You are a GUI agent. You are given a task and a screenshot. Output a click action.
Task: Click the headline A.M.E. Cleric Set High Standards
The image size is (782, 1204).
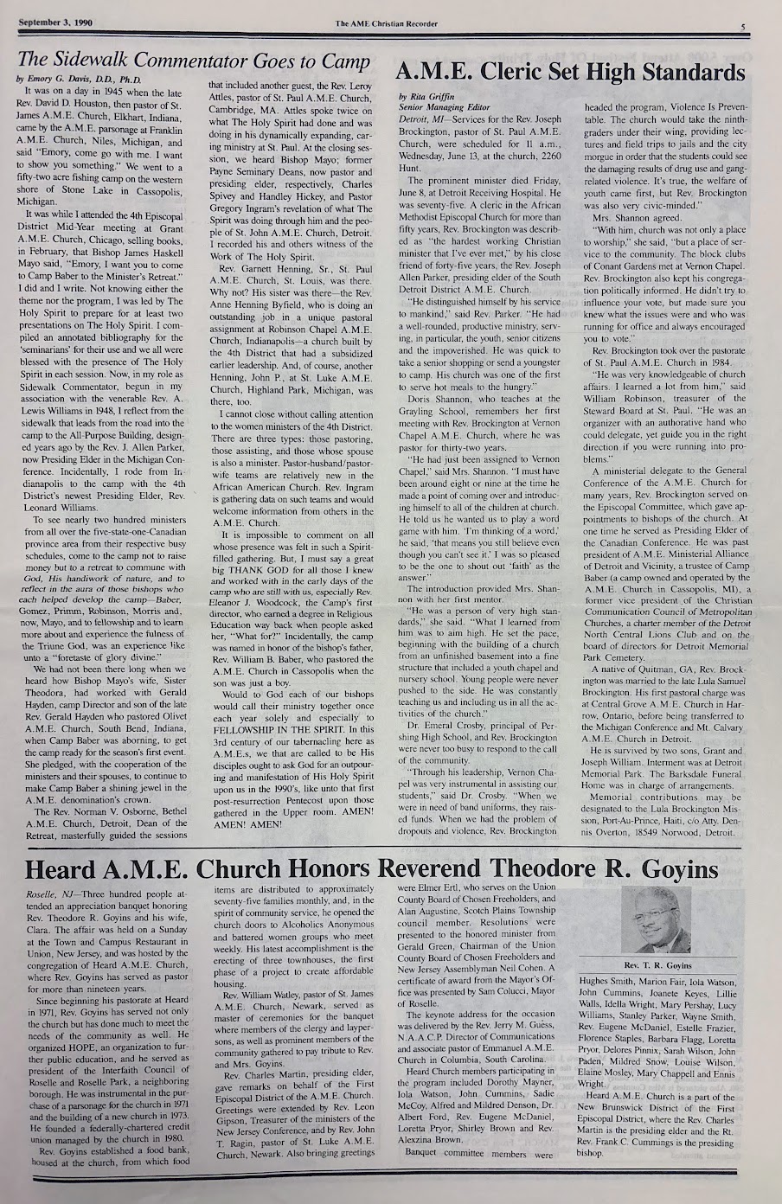click(569, 72)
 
